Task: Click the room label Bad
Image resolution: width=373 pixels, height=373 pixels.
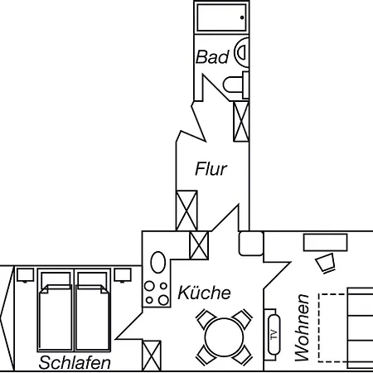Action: pos(212,57)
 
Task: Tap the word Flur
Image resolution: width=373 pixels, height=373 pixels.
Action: pos(211,169)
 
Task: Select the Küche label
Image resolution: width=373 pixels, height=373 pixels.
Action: pos(204,293)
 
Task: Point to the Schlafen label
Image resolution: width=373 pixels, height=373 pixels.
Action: pos(75,362)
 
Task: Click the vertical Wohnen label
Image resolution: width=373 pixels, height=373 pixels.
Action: pos(302,327)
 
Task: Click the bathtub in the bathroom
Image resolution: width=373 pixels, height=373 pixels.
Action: pos(221,17)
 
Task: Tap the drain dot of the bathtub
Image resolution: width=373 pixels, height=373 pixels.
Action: pos(242,17)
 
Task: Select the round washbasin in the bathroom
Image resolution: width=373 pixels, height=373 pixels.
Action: pos(242,52)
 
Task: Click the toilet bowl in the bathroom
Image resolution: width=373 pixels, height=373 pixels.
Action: pos(234,85)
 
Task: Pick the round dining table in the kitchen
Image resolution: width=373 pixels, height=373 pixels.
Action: pos(224,337)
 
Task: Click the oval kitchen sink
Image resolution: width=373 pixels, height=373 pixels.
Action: pos(158,262)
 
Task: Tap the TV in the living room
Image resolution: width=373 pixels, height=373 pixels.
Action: pos(274,335)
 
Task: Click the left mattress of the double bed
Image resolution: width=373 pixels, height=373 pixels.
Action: pos(56,317)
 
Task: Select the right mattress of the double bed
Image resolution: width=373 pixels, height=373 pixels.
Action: pos(93,317)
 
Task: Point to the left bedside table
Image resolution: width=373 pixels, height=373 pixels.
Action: pos(25,275)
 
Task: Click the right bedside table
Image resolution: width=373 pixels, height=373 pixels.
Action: pos(123,275)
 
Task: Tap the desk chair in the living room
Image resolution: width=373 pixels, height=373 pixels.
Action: pos(326,263)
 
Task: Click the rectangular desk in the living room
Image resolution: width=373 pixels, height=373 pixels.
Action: pos(325,242)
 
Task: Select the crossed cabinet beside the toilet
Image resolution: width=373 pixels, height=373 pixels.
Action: pos(241,121)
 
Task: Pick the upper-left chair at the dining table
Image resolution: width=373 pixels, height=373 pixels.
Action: pos(206,318)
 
